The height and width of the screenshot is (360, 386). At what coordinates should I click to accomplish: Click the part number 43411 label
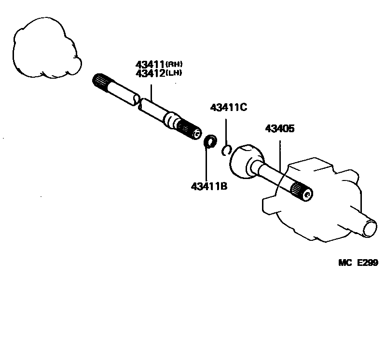pos(150,65)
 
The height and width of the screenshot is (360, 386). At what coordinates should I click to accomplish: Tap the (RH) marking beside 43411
pos(175,64)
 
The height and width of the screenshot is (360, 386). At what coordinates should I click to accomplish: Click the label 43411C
pos(229,108)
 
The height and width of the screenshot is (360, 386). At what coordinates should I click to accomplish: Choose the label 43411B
pos(209,186)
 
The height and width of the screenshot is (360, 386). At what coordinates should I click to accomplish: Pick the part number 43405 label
pos(280,129)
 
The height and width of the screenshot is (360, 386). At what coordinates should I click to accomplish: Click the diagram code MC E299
pos(358,263)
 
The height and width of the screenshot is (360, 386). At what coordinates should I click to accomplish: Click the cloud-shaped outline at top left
pos(46,48)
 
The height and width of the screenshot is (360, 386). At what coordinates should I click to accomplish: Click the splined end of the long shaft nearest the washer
pos(190,129)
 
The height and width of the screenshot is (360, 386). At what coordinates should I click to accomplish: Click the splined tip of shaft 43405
pos(303,191)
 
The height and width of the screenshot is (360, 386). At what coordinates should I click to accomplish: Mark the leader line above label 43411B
pos(206,164)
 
